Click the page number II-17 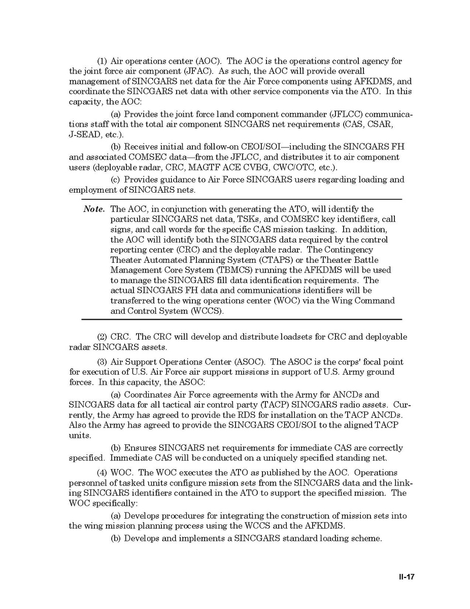pos(406,577)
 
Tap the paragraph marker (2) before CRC pos(102,337)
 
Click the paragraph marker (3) pos(102,362)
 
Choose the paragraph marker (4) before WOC pos(102,472)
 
